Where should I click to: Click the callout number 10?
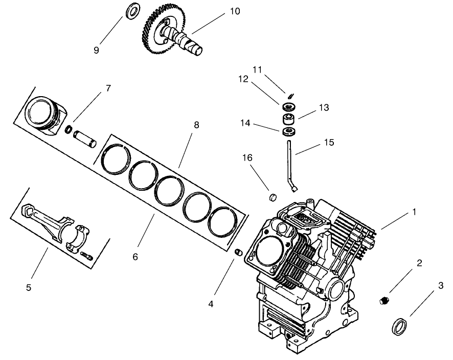point(235,11)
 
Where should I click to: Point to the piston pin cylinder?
point(86,138)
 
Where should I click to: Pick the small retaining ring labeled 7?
point(69,130)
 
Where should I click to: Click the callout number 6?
point(135,257)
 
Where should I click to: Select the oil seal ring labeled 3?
point(399,325)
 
